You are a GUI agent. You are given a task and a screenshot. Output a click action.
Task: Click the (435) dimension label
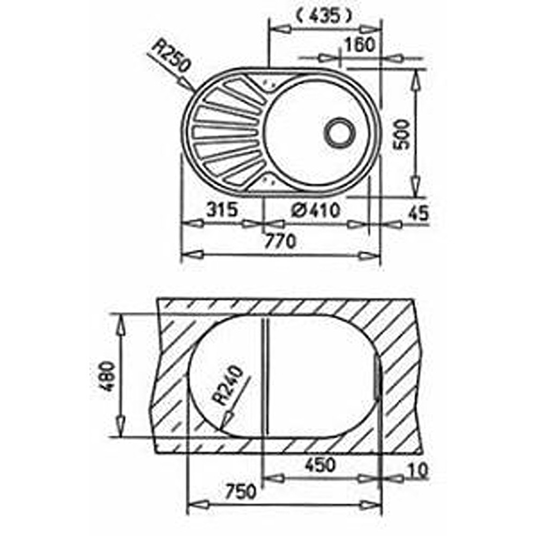tap(323, 16)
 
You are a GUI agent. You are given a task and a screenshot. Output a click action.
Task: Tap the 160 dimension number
tap(359, 45)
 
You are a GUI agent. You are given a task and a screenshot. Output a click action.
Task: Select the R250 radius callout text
tap(170, 56)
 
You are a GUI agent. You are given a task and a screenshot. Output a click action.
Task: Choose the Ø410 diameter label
tap(316, 210)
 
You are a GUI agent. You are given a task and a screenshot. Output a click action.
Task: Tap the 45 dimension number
tap(418, 213)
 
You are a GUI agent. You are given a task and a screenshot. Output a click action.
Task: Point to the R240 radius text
tap(228, 385)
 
